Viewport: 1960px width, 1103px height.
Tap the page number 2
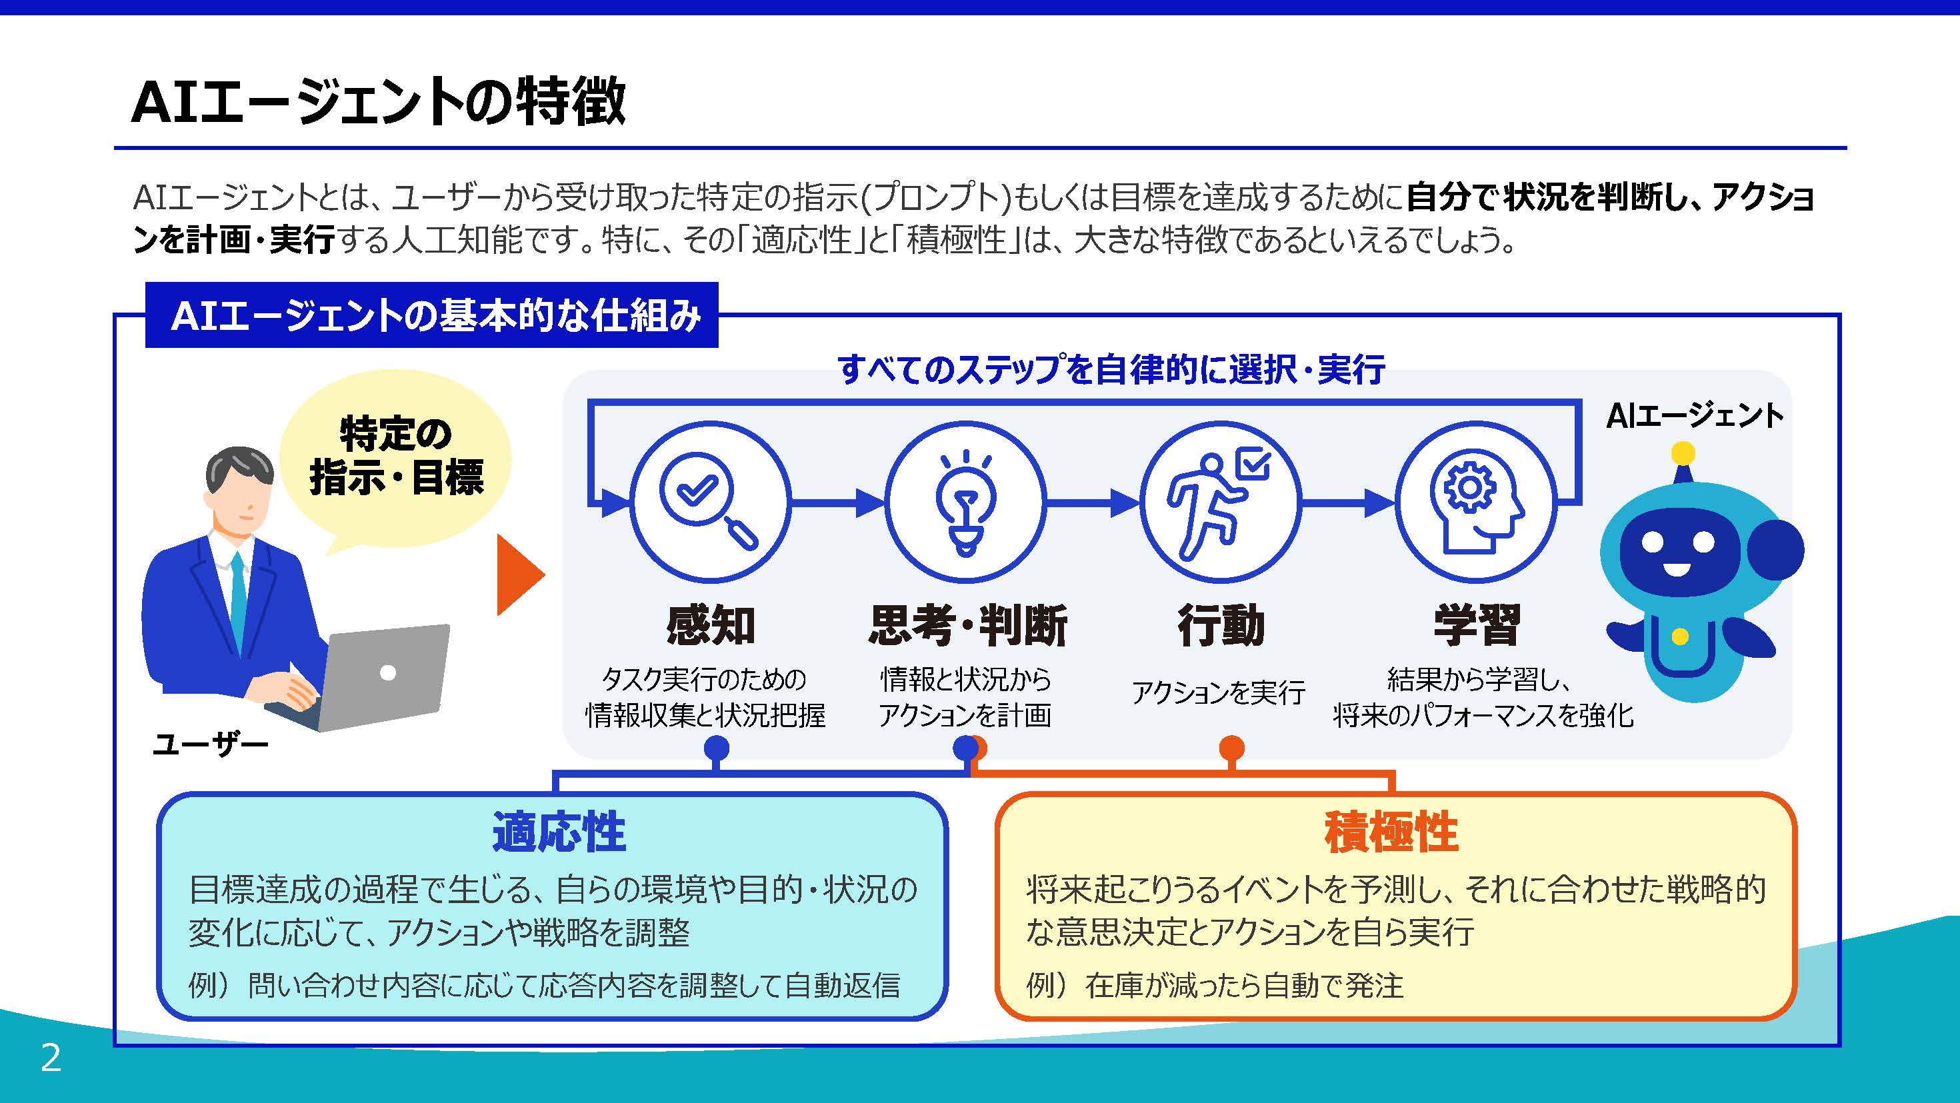51,1058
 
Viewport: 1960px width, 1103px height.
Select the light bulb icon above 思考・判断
965,501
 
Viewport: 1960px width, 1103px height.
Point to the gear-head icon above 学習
1475,501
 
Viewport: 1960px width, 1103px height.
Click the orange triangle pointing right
520,574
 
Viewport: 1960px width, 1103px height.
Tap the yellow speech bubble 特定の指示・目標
395,457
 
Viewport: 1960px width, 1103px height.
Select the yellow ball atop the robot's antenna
1683,454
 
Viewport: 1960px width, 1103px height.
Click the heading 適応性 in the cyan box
559,832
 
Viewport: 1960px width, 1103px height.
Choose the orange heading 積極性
1391,832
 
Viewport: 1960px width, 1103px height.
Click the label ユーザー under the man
211,744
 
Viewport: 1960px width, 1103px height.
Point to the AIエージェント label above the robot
1695,416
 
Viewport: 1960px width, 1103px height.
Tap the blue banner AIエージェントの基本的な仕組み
431,316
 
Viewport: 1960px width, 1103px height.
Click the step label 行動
1221,625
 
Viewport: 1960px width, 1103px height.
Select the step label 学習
1477,625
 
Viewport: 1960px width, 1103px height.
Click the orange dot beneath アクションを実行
1232,748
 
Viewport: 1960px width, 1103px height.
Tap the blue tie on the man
239,601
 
